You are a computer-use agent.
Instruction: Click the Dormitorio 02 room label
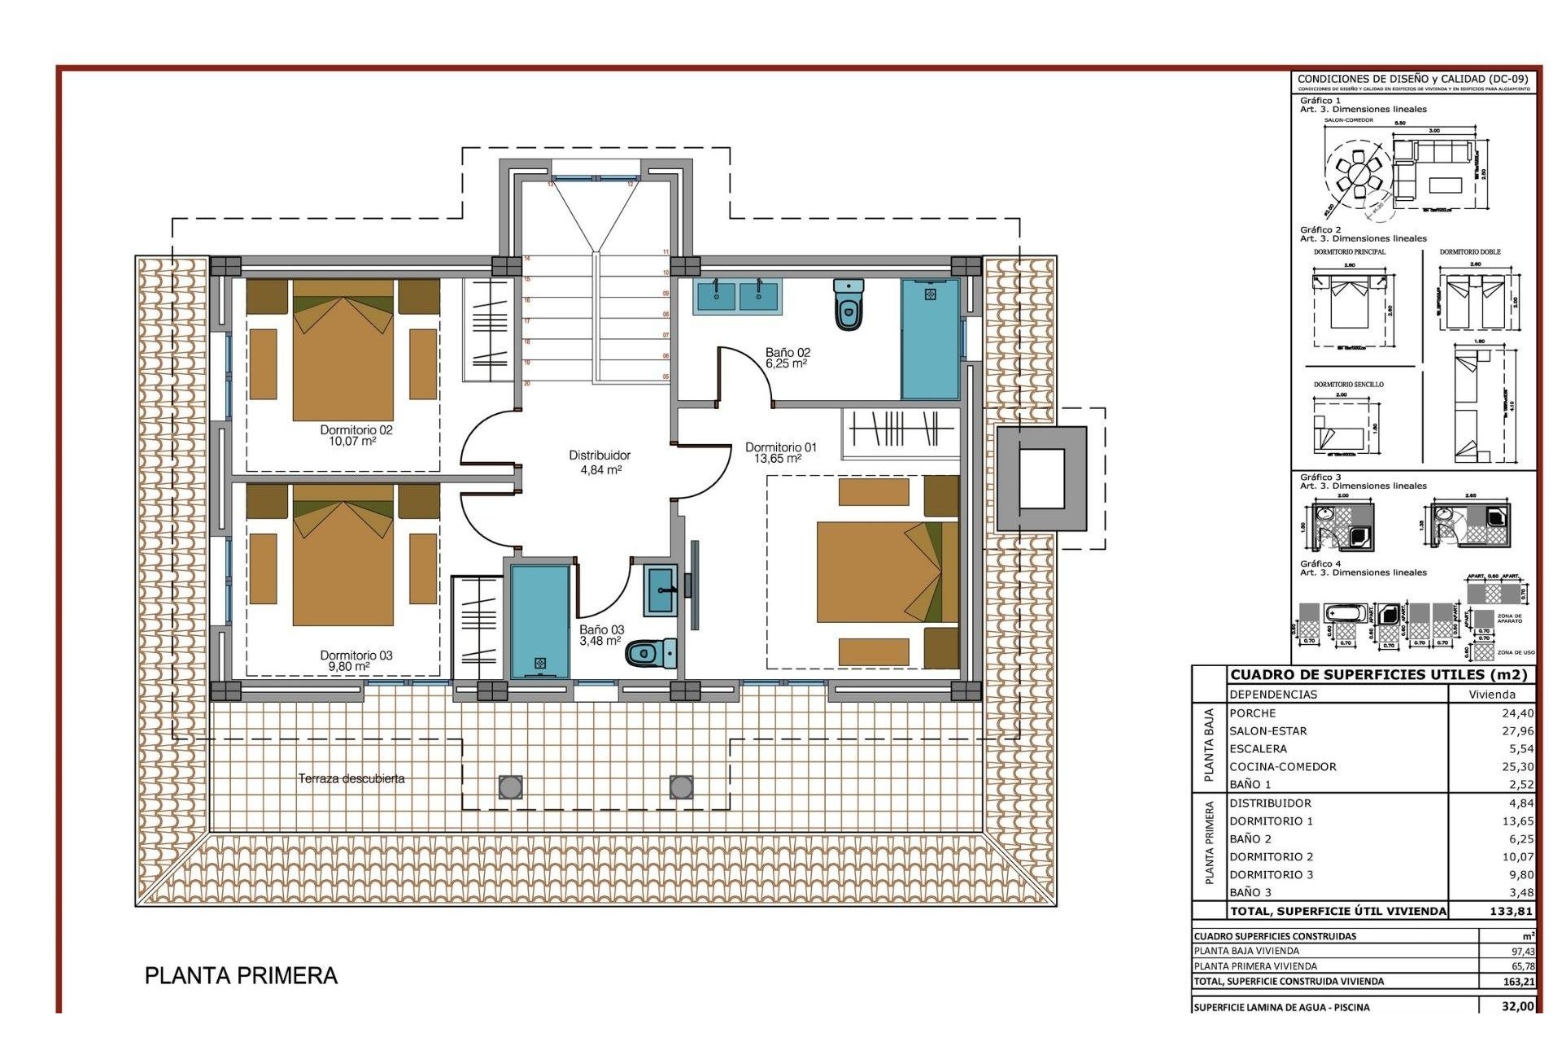(x=356, y=430)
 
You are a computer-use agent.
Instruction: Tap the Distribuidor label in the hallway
(x=600, y=455)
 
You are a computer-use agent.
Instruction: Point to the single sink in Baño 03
(x=660, y=589)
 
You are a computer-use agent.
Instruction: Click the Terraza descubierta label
(x=351, y=778)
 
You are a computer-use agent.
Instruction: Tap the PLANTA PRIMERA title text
(x=241, y=975)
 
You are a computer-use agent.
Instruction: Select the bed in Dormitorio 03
(x=343, y=555)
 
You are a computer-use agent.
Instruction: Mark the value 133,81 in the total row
(x=1511, y=911)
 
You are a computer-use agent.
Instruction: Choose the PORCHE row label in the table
(x=1253, y=713)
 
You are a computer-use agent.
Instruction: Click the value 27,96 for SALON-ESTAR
(x=1517, y=731)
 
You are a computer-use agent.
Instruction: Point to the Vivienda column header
(x=1491, y=695)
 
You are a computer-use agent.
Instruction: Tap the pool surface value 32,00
(x=1517, y=1006)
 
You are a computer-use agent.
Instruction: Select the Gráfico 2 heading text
(x=1320, y=230)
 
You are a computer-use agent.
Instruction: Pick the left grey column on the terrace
(x=510, y=786)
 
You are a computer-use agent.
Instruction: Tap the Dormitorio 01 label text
(x=780, y=447)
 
